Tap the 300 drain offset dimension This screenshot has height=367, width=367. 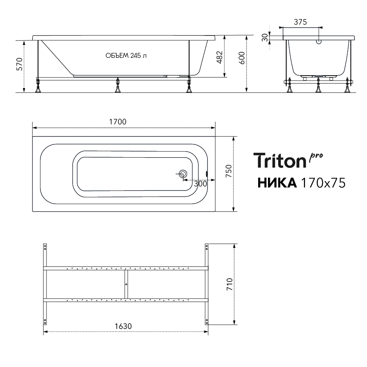(x=200, y=184)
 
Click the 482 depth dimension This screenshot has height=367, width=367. (x=220, y=57)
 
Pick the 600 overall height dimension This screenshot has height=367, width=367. (x=242, y=57)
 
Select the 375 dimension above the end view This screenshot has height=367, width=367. (x=300, y=22)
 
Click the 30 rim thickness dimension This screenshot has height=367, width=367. (x=265, y=37)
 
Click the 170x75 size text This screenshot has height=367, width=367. (x=322, y=183)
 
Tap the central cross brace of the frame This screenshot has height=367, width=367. (x=125, y=283)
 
